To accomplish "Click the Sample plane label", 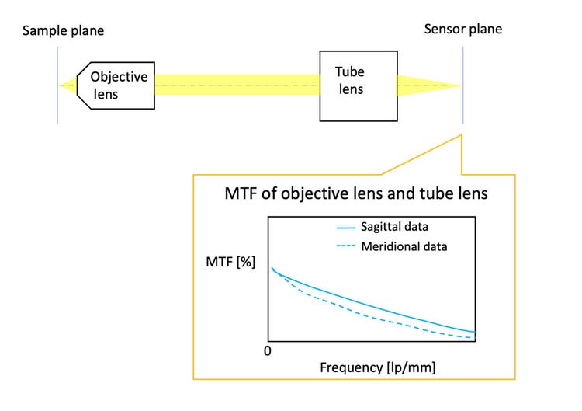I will tap(63, 31).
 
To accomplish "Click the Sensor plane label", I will tap(463, 30).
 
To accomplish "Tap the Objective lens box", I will tap(116, 85).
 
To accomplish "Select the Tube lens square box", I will tap(359, 85).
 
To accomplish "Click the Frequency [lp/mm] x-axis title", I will tap(378, 367).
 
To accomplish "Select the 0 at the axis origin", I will tap(266, 351).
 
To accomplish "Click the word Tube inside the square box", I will tap(349, 71).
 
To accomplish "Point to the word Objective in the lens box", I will tap(119, 77).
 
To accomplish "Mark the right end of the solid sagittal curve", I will tap(473, 332).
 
